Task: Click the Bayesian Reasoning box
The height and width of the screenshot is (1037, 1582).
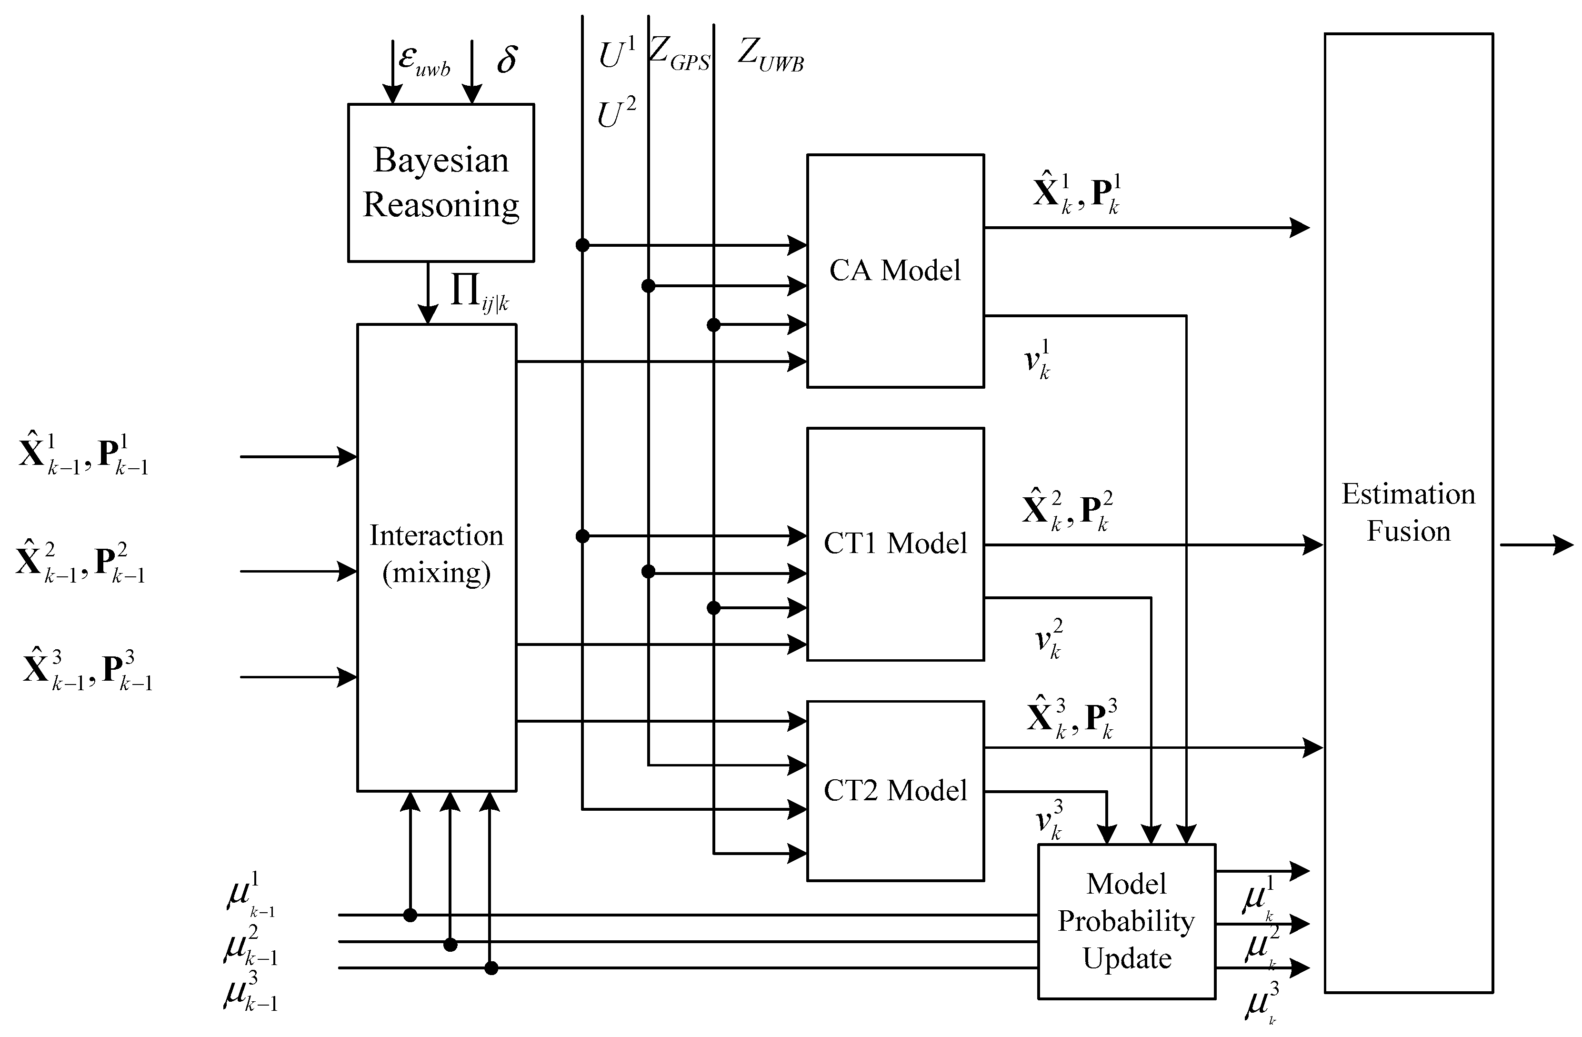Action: [x=441, y=182]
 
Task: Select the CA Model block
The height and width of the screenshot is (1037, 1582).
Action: [x=895, y=271]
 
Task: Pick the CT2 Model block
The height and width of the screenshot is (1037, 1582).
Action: [x=895, y=790]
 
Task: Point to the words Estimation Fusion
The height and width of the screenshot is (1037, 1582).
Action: [x=1408, y=513]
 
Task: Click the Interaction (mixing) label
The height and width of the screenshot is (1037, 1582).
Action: [x=436, y=554]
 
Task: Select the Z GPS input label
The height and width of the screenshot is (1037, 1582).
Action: [x=679, y=53]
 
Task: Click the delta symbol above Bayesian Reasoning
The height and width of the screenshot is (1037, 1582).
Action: [x=507, y=60]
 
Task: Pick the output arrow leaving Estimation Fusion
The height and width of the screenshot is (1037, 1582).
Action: [x=1535, y=545]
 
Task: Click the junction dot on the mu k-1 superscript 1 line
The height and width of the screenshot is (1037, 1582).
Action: [x=410, y=916]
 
